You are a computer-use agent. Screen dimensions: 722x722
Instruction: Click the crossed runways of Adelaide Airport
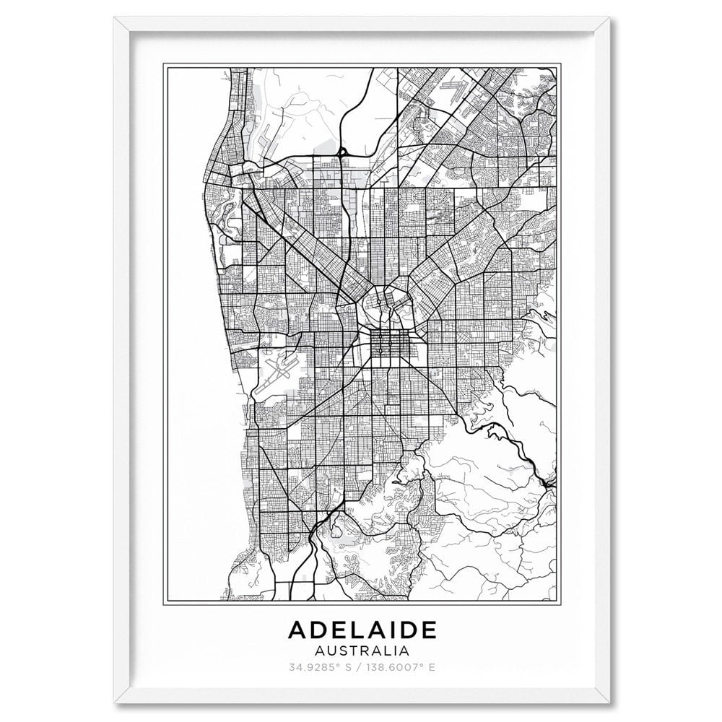point(279,367)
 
